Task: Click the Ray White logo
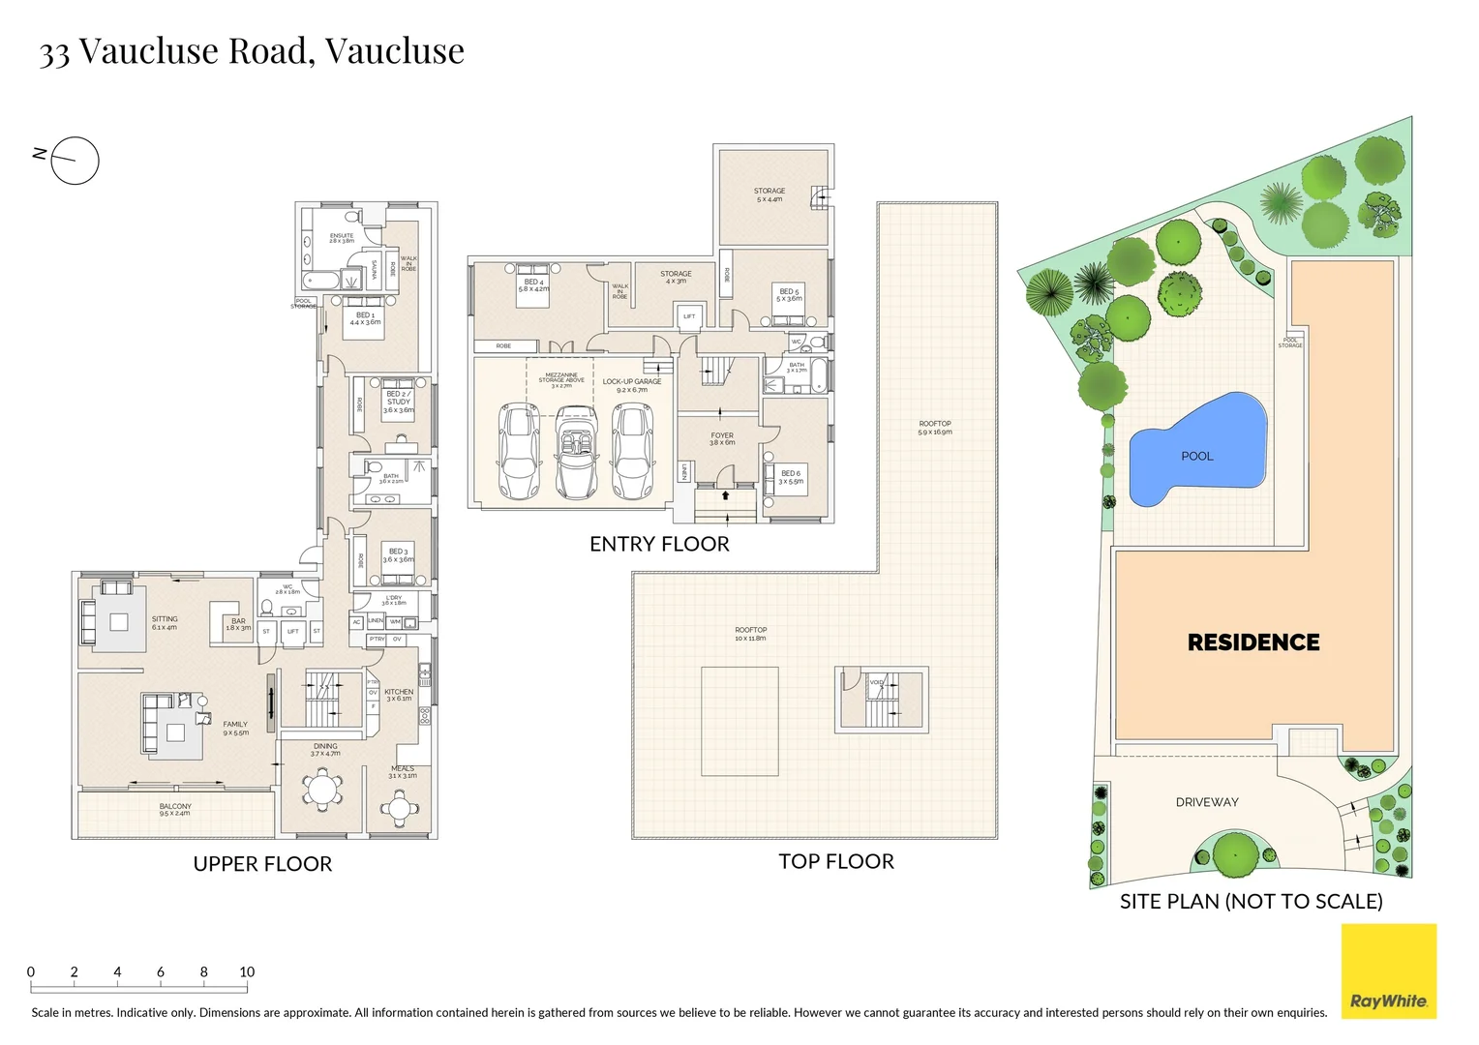tap(1388, 971)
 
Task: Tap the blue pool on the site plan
tap(1197, 451)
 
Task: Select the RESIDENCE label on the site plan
tap(1253, 642)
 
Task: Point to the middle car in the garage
tap(577, 452)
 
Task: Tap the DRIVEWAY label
tap(1207, 802)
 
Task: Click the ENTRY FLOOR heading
tap(659, 544)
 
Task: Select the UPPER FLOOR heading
tap(262, 864)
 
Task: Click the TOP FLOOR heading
tap(836, 861)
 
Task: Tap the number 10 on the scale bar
tap(247, 972)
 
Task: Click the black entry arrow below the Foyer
tap(725, 495)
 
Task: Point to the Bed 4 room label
tap(533, 285)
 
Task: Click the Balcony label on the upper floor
tap(175, 809)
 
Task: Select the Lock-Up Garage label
tap(632, 385)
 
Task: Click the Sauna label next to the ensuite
tap(374, 270)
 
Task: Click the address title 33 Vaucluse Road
tap(252, 50)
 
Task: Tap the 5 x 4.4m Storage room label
tap(770, 194)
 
